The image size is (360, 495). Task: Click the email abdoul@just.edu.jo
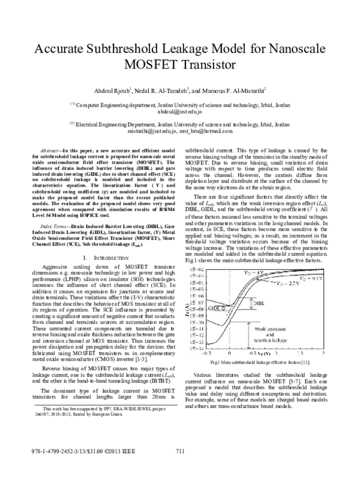(180, 112)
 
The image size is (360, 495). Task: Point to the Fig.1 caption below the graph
(259, 363)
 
